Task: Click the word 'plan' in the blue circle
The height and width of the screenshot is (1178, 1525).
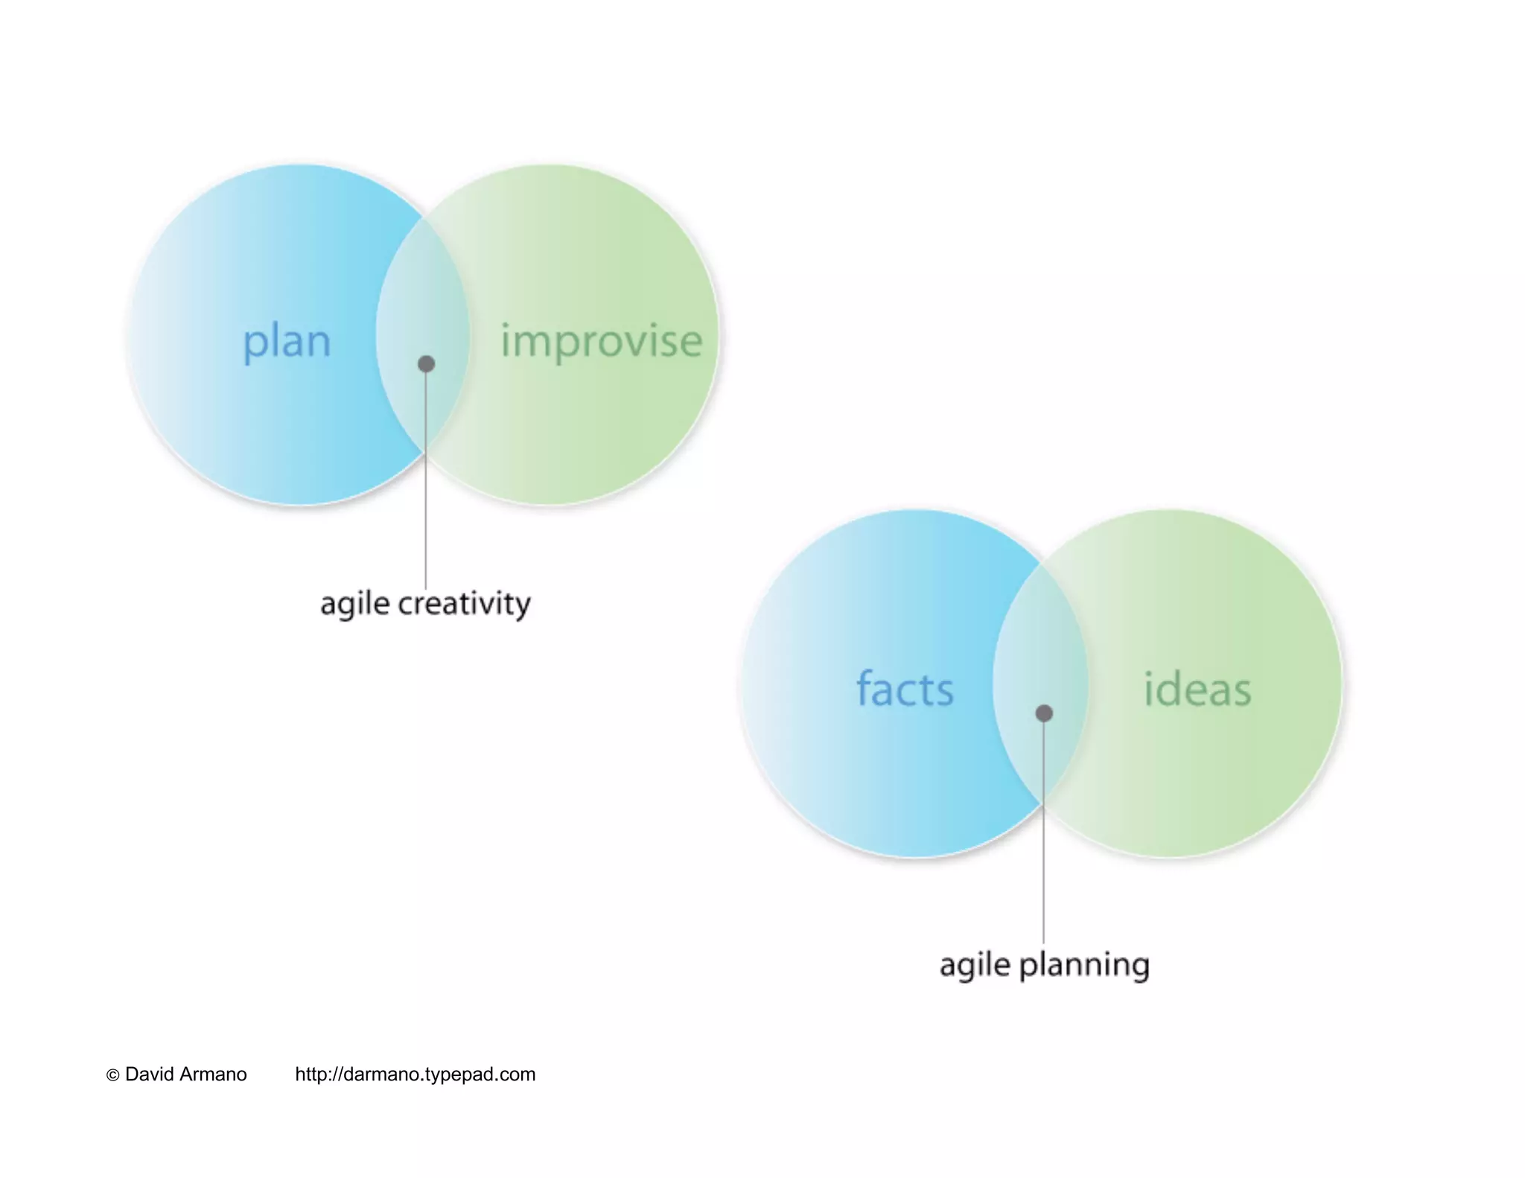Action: tap(287, 342)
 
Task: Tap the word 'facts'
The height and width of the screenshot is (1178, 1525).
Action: tap(905, 689)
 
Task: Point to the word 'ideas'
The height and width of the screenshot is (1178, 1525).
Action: tap(1197, 689)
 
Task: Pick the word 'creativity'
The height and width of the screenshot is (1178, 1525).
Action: tap(464, 604)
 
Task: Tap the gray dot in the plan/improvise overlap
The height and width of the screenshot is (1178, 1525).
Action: tap(426, 364)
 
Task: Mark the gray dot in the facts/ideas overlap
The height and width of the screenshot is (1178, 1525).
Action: tap(1044, 713)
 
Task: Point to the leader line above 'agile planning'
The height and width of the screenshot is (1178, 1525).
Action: tap(1043, 856)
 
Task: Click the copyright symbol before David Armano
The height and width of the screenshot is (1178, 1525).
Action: tap(113, 1075)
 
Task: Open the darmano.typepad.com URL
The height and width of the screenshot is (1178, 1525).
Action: tap(415, 1074)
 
